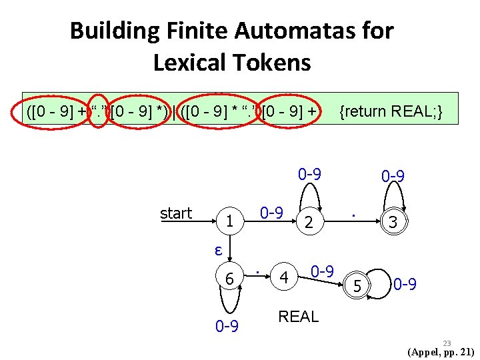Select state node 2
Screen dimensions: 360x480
click(308, 223)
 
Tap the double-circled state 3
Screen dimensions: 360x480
click(393, 223)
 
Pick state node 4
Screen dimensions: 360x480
click(285, 277)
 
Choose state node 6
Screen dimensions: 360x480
click(229, 279)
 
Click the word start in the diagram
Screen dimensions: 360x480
click(176, 213)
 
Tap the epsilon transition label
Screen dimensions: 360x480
click(217, 250)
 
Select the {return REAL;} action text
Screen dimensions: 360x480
click(391, 111)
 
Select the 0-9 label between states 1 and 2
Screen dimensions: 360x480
click(271, 213)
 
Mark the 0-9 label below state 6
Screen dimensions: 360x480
click(227, 327)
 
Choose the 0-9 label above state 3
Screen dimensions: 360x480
click(393, 177)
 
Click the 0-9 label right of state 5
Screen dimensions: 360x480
click(405, 285)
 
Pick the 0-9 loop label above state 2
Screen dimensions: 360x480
click(310, 175)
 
